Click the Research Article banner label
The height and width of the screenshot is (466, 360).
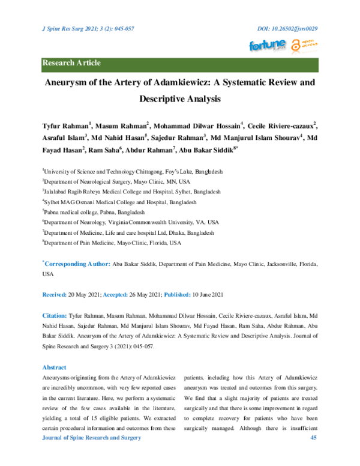pyautogui.click(x=71, y=63)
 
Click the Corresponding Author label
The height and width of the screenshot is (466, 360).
pyautogui.click(x=77, y=264)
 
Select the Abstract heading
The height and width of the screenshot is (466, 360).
pyautogui.click(x=53, y=367)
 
